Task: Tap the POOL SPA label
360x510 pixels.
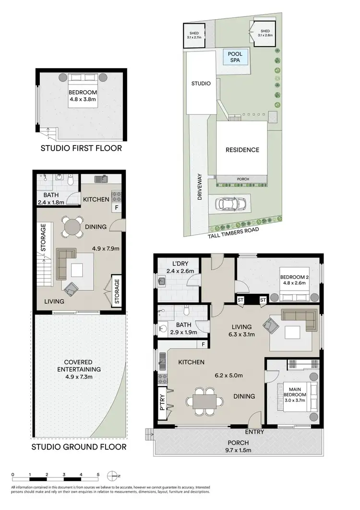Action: (x=236, y=58)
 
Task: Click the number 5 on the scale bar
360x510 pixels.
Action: (x=98, y=474)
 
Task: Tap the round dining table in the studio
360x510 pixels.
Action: (x=72, y=226)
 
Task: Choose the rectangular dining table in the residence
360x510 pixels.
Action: (x=205, y=401)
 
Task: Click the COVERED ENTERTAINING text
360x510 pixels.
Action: (x=79, y=366)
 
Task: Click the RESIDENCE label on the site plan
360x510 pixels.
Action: (x=242, y=150)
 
